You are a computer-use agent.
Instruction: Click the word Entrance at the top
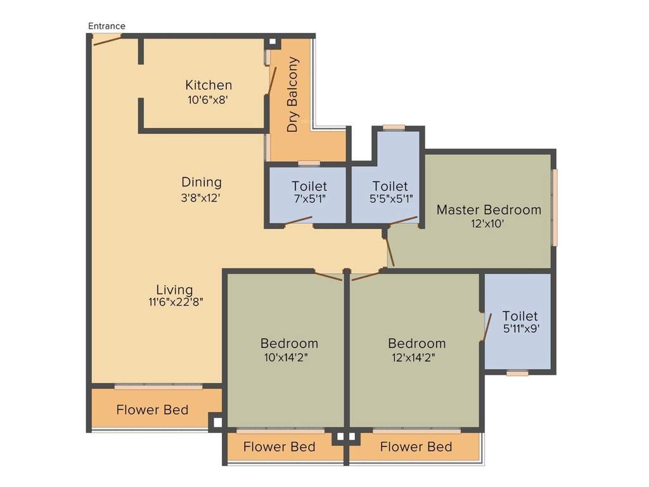point(106,26)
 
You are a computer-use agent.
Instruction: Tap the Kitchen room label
point(208,85)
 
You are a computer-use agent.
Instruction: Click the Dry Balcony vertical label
point(292,94)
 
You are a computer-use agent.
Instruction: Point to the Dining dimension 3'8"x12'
point(202,197)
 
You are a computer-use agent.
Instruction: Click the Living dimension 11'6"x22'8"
point(176,302)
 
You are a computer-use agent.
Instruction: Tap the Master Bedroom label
point(489,209)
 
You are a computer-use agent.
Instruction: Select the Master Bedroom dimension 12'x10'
point(488,223)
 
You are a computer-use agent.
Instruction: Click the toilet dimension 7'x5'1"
point(309,198)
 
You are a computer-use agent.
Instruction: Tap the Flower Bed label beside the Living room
point(152,410)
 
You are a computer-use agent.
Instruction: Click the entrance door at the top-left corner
point(106,39)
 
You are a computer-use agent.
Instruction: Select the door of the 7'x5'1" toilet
point(298,220)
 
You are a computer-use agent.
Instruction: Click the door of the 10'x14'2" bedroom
point(328,276)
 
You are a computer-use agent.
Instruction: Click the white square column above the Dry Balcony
point(273,42)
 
